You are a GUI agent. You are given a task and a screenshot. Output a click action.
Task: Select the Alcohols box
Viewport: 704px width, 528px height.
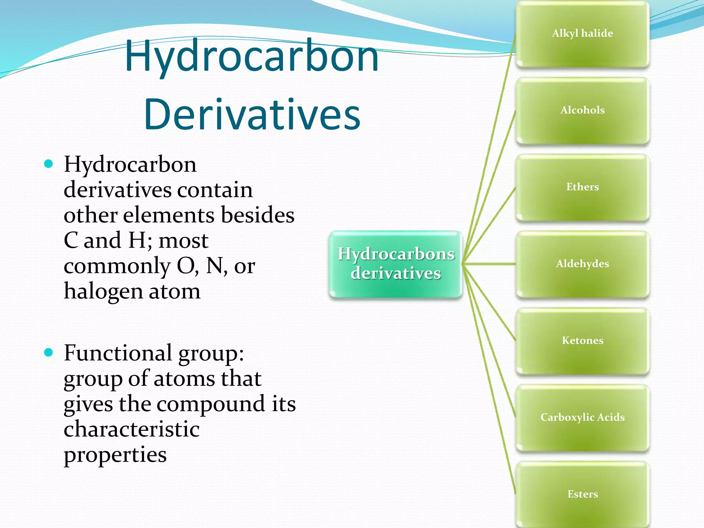point(582,110)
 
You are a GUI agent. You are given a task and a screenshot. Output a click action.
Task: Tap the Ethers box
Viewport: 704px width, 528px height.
point(582,187)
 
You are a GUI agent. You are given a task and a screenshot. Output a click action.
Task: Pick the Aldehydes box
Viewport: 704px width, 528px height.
point(582,264)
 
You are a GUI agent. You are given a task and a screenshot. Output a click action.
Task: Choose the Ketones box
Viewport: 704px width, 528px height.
point(582,341)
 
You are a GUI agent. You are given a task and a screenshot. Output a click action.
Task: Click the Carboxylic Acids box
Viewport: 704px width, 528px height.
point(582,417)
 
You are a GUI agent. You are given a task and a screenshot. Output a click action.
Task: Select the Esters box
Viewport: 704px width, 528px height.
point(582,494)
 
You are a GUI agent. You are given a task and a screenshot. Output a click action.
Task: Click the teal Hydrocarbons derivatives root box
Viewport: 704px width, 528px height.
point(396,264)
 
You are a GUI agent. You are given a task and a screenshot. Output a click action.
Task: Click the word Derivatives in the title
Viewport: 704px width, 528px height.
point(252,114)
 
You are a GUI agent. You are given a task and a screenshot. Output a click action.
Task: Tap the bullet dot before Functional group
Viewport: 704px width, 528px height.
point(49,352)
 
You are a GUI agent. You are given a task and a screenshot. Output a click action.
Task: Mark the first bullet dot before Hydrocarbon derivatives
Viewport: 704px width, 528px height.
point(49,164)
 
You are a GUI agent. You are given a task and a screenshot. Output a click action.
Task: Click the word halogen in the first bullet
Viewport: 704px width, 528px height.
point(103,291)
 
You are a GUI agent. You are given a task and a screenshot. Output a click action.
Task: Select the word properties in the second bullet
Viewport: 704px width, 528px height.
point(115,455)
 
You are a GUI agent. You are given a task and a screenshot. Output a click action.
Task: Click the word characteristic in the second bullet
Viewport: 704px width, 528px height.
point(132,429)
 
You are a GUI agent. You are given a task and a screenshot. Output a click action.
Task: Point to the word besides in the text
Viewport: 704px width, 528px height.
point(257,215)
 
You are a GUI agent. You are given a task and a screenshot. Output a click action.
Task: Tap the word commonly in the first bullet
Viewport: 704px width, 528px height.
point(117,266)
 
